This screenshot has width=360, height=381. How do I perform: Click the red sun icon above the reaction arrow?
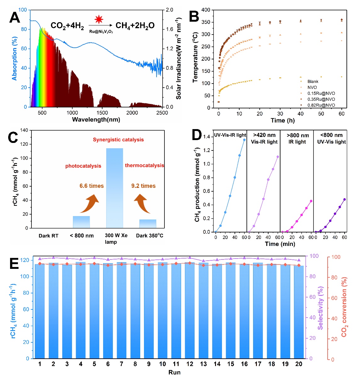coord(99,19)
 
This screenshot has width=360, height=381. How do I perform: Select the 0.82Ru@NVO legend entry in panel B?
coord(321,105)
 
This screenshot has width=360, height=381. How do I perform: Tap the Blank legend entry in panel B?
coord(313,81)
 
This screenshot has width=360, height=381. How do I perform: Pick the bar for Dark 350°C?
coord(148,224)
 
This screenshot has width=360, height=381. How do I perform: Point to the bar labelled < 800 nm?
coord(81,222)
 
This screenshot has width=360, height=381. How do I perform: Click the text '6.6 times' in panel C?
coord(91,186)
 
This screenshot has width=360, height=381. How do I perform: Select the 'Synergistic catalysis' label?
coord(118,140)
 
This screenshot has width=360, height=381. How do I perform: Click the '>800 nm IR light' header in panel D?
coord(297,139)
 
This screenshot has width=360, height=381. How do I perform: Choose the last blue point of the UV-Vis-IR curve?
coord(244,140)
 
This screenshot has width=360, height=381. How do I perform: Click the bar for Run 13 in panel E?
coord(203,311)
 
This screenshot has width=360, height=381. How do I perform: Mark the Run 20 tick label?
coord(299,364)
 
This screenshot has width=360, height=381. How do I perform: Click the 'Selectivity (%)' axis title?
coord(320,308)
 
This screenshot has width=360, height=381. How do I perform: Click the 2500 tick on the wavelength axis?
coord(162,113)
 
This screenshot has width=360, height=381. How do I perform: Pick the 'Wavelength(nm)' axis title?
coord(96,120)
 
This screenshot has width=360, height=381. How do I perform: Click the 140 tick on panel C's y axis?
coord(24,130)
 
